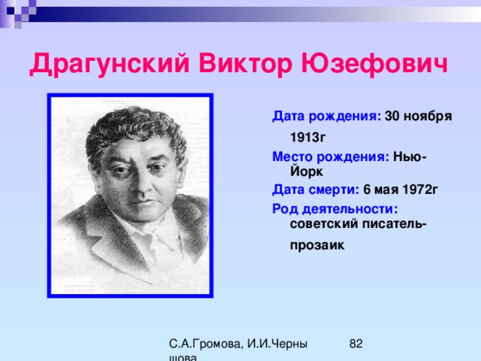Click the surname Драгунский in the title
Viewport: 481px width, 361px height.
click(109, 64)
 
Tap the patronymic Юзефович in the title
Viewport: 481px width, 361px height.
click(374, 63)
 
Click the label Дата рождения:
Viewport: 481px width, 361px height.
click(327, 117)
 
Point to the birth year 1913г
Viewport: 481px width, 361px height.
click(307, 137)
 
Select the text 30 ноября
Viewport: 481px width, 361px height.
click(419, 117)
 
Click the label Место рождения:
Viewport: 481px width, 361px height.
click(331, 157)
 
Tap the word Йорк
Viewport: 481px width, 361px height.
click(307, 171)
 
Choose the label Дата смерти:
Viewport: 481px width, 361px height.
click(316, 190)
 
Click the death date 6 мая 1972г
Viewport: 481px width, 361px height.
click(401, 190)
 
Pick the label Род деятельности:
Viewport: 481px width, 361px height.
click(335, 209)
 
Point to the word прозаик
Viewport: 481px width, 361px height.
click(317, 246)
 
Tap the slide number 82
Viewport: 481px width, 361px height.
click(355, 344)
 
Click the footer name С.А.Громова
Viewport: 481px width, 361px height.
click(206, 344)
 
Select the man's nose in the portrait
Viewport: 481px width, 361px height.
click(141, 184)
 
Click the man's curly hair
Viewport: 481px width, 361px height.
click(135, 129)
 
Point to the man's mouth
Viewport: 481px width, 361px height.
click(144, 203)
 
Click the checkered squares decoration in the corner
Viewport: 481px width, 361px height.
click(18, 12)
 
